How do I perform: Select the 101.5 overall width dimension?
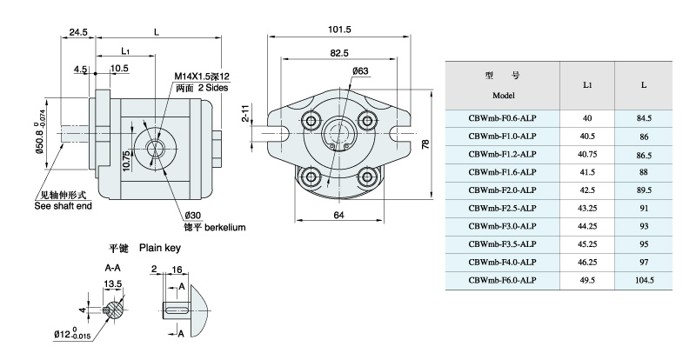[x=339, y=30]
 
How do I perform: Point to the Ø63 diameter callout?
[x=361, y=70]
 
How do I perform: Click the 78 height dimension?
[x=425, y=144]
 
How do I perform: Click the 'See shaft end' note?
[x=64, y=206]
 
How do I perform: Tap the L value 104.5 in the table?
[x=644, y=280]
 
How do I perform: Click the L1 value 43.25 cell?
[x=587, y=208]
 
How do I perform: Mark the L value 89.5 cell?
[x=644, y=190]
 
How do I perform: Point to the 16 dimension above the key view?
[x=178, y=270]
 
